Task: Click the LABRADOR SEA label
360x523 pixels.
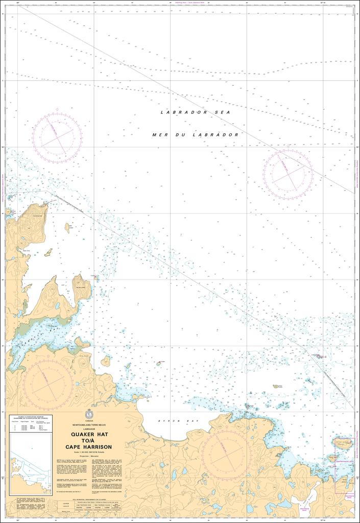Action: (184, 112)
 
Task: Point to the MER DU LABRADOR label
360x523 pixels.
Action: (196, 135)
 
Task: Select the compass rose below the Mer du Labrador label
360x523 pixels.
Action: (287, 175)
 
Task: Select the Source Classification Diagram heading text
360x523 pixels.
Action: (31, 417)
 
